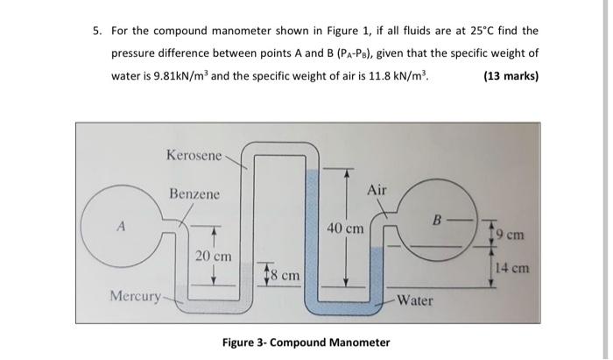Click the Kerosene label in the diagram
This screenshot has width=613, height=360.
coord(194,155)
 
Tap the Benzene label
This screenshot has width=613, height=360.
coord(194,194)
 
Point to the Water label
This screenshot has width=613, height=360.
coord(415,300)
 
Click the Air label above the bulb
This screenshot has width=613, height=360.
coord(377,190)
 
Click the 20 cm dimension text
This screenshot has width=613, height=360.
coord(213,257)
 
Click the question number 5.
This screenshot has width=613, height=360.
coord(96,31)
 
